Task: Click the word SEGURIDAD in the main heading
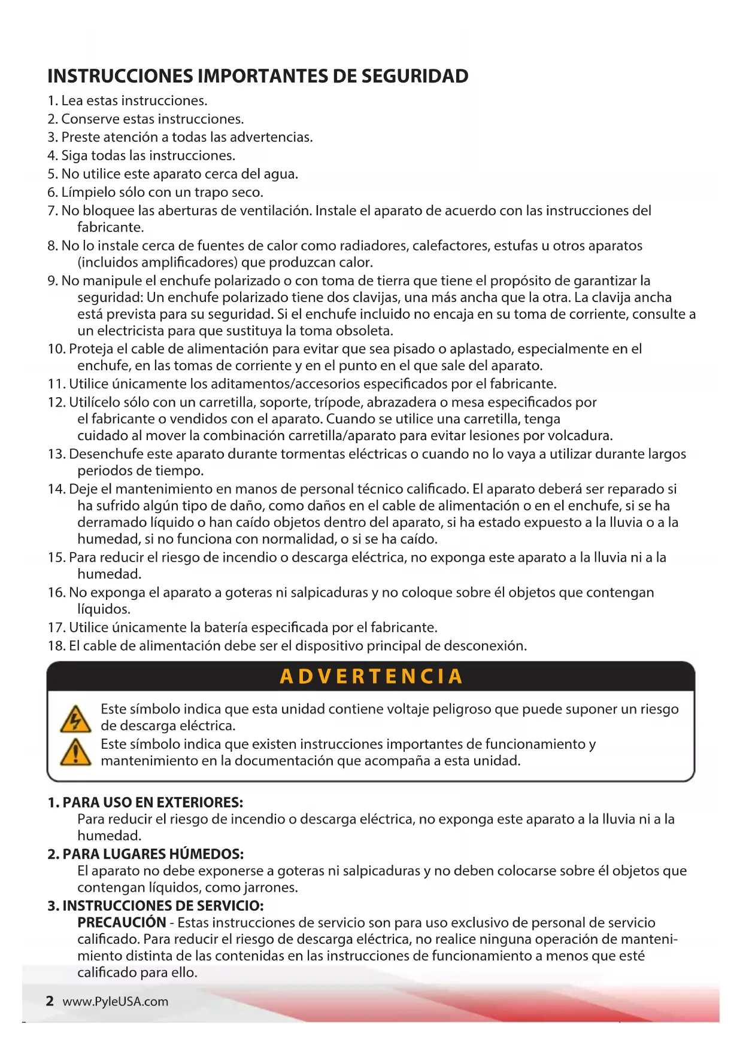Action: [x=415, y=76]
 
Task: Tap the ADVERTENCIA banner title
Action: [x=371, y=676]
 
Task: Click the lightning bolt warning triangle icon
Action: [x=75, y=719]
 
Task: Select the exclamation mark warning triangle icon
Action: [x=75, y=752]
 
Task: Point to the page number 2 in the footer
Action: [x=50, y=1001]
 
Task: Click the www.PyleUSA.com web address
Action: [x=116, y=1002]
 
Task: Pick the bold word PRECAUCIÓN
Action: [x=122, y=922]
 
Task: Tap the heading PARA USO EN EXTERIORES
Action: [x=153, y=802]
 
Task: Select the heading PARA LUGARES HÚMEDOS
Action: [x=153, y=853]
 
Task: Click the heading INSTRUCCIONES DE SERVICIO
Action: [x=163, y=905]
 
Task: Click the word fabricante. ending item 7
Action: [x=111, y=227]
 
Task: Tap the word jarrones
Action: [x=272, y=888]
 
